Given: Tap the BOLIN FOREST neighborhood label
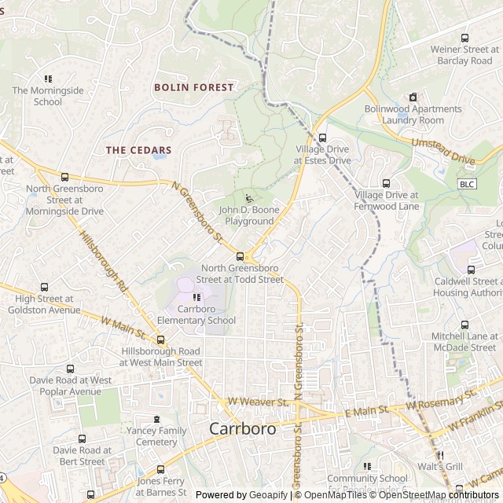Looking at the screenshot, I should (x=194, y=87).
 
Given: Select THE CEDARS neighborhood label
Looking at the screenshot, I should (x=138, y=149).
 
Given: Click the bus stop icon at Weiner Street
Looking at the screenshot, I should (x=464, y=38).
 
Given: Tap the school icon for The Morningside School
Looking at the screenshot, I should (x=48, y=79).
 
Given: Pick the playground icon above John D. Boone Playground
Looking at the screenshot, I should (x=249, y=199).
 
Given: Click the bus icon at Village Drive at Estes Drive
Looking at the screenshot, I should (x=322, y=137).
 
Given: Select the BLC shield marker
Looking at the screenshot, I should (x=467, y=184).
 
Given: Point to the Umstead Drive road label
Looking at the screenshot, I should (x=444, y=151).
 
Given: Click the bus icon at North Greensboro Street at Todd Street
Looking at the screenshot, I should (x=240, y=255).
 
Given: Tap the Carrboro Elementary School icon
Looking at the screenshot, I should (x=196, y=297).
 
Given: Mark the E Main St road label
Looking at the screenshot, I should (x=366, y=410).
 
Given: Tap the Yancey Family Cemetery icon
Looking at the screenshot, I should (x=156, y=419).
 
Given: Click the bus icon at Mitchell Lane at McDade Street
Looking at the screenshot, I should (x=464, y=325).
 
